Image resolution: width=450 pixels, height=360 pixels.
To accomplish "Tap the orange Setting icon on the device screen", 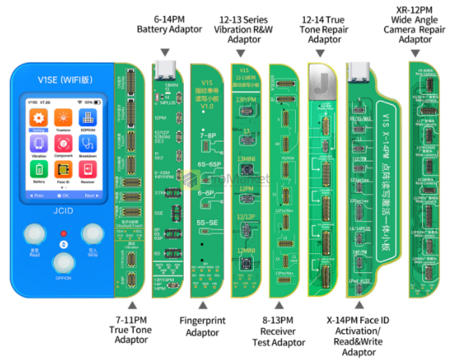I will point(39,118).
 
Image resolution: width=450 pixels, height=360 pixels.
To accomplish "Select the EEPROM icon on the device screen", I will point(87,118).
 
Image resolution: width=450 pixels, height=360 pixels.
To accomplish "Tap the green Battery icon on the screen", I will point(39,170).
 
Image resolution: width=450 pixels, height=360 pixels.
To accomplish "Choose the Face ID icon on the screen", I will point(63,170).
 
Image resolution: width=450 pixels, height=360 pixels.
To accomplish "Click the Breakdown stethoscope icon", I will point(87,144).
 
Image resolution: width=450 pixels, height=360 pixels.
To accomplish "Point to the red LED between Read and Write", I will point(63,234).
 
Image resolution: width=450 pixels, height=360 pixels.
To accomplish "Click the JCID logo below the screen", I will point(63,210).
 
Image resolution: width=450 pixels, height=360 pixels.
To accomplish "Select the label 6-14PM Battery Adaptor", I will point(169,24).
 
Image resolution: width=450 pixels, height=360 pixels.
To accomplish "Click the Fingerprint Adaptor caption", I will point(202,327).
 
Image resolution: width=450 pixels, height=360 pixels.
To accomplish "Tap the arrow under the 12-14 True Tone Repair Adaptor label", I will point(320,54).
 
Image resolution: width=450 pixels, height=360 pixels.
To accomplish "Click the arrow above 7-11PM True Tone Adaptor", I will point(132,306).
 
